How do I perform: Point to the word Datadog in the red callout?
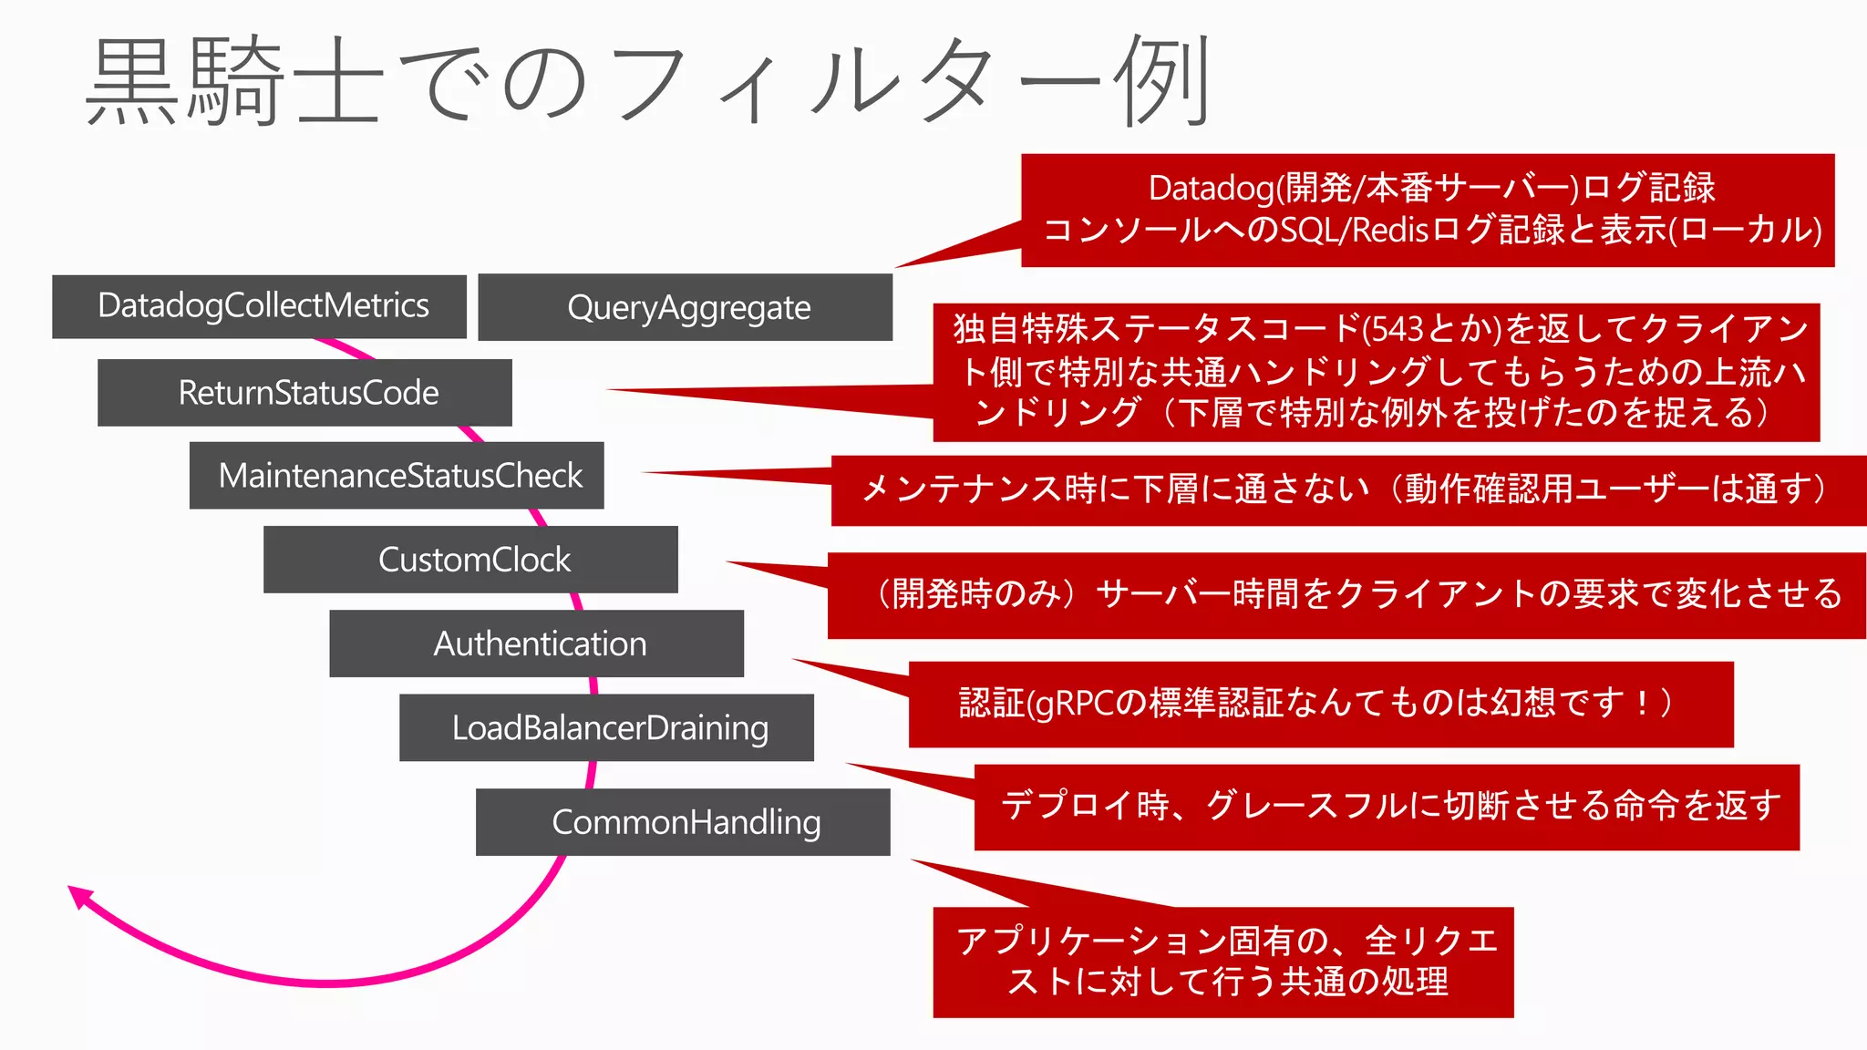[1211, 189]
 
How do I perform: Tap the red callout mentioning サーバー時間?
[1347, 595]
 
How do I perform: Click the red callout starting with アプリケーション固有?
[1223, 962]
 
